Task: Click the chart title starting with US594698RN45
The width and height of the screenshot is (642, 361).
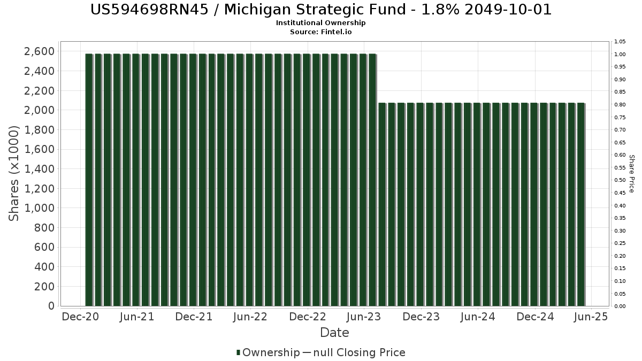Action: (x=321, y=10)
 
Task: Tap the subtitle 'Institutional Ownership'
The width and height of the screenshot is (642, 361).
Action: (x=321, y=23)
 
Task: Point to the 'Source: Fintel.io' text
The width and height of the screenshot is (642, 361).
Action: (x=321, y=32)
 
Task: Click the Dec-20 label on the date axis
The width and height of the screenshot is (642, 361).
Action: (x=81, y=317)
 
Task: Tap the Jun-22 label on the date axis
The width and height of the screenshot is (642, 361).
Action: (x=250, y=317)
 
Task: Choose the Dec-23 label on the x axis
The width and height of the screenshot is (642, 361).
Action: (x=421, y=317)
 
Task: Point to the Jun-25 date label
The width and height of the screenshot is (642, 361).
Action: (x=591, y=317)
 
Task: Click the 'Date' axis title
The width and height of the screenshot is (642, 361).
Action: (x=334, y=333)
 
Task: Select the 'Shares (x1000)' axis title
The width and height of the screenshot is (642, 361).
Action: (x=14, y=173)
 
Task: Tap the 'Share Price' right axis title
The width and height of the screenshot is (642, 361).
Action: (x=631, y=173)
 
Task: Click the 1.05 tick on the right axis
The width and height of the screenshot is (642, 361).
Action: (x=620, y=42)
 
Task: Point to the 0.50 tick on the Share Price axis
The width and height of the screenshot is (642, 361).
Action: (x=620, y=180)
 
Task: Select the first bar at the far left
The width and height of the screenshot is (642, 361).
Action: (x=89, y=180)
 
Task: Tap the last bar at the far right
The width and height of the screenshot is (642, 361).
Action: (x=580, y=204)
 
